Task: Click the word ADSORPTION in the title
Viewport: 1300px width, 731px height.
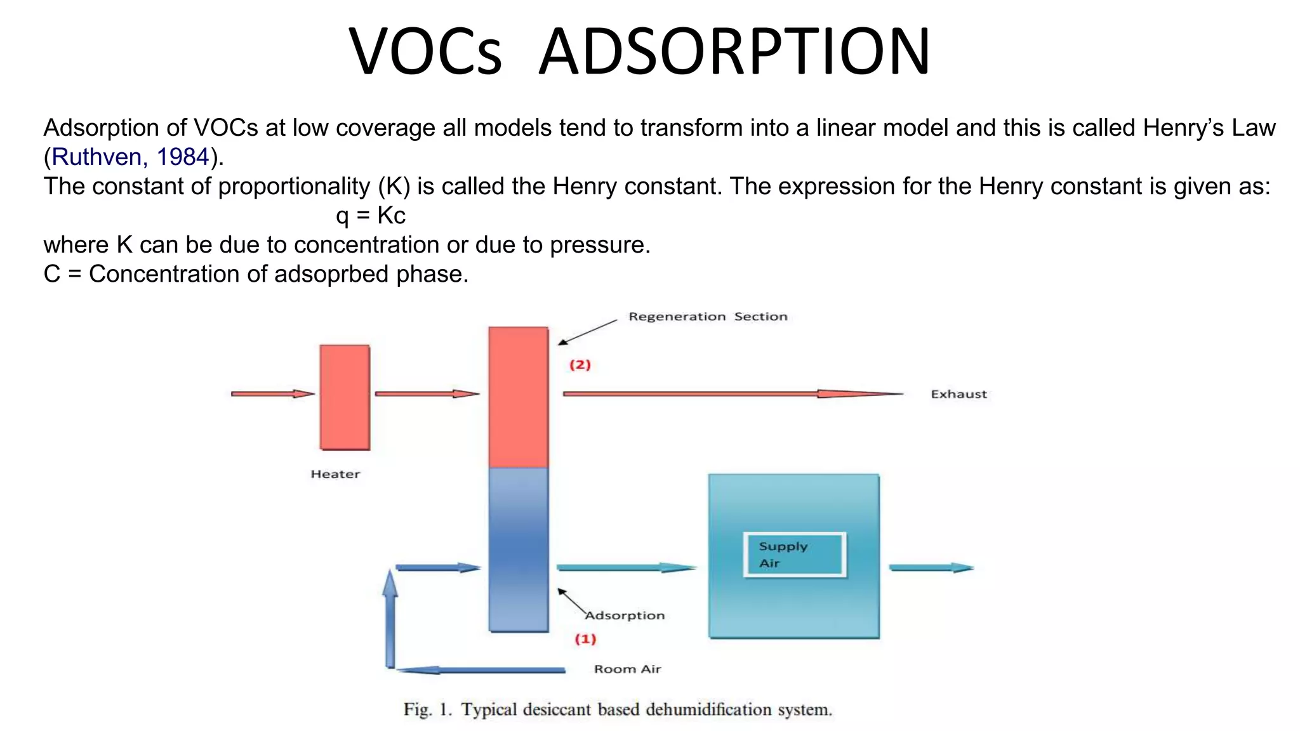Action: [734, 52]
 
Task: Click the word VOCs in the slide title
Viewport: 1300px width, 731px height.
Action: [425, 52]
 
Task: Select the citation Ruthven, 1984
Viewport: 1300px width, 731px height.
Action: [130, 157]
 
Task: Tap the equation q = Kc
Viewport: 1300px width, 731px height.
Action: [371, 216]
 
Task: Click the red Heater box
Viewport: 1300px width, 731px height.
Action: [345, 397]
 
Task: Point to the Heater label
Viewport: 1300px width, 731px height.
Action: [335, 474]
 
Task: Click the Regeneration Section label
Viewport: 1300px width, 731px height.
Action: [707, 317]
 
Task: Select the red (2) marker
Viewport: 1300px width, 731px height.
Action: [580, 365]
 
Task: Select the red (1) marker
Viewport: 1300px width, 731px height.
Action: [585, 639]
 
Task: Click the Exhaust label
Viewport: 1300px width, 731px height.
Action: [958, 394]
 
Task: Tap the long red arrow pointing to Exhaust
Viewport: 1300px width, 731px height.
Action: [730, 394]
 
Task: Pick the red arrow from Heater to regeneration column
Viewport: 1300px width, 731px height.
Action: [426, 394]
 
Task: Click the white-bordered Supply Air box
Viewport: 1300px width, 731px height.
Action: [794, 555]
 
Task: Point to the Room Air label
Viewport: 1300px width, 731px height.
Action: [627, 669]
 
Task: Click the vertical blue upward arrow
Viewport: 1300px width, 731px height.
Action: [390, 619]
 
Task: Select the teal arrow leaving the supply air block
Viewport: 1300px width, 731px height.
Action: [930, 567]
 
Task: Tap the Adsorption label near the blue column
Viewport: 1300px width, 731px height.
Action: [625, 616]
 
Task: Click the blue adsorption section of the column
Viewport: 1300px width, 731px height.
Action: [518, 549]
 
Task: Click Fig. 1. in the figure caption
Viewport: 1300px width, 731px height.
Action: [427, 709]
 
